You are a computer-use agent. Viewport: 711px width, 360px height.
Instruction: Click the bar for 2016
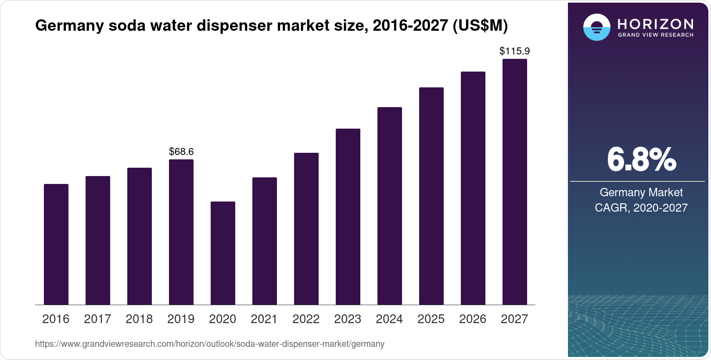pyautogui.click(x=56, y=244)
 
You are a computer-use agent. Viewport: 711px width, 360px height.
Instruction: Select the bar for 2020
pyautogui.click(x=223, y=253)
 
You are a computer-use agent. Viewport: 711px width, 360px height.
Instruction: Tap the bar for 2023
pyautogui.click(x=348, y=216)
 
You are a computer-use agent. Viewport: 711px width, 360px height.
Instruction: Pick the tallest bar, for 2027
pyautogui.click(x=515, y=182)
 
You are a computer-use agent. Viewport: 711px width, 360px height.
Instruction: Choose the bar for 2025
pyautogui.click(x=431, y=196)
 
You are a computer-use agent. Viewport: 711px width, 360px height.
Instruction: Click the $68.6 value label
pyautogui.click(x=181, y=152)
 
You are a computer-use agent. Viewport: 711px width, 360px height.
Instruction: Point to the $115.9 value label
pyautogui.click(x=515, y=51)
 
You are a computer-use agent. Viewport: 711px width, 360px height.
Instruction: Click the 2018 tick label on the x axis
pyautogui.click(x=139, y=319)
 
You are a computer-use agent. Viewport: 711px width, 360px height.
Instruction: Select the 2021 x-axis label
pyautogui.click(x=264, y=319)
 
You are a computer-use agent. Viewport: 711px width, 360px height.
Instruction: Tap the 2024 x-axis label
pyautogui.click(x=389, y=319)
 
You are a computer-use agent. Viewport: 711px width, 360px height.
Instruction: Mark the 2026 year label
pyautogui.click(x=473, y=319)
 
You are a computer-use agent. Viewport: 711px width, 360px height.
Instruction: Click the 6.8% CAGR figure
pyautogui.click(x=641, y=160)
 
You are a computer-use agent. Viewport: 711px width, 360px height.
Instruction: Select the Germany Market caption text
pyautogui.click(x=641, y=192)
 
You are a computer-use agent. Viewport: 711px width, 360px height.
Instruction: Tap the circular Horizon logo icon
pyautogui.click(x=596, y=27)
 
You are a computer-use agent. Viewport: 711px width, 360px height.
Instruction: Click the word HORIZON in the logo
pyautogui.click(x=656, y=24)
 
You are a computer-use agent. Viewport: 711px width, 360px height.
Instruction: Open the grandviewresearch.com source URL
pyautogui.click(x=210, y=344)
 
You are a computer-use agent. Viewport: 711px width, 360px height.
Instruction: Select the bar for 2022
pyautogui.click(x=306, y=229)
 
